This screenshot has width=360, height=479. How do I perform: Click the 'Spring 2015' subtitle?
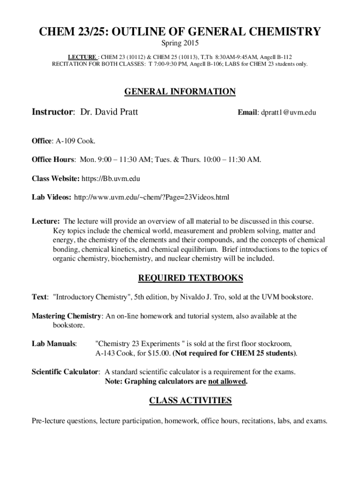coord(180,44)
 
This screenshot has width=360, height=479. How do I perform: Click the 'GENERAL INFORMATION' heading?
coord(180,92)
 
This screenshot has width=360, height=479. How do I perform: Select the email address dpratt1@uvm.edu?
coord(288,113)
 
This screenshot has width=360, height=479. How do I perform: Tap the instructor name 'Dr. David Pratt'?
coord(109,112)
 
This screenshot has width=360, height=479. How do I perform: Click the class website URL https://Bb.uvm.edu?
coord(111,178)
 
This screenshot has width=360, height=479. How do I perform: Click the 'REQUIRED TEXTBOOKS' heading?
coord(191,278)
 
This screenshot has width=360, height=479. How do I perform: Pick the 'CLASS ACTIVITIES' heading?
coord(190,400)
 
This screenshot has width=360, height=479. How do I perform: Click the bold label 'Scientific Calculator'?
coord(65,372)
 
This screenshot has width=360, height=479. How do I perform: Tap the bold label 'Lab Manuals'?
coord(54,344)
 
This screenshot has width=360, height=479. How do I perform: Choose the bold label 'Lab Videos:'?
coord(51,197)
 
